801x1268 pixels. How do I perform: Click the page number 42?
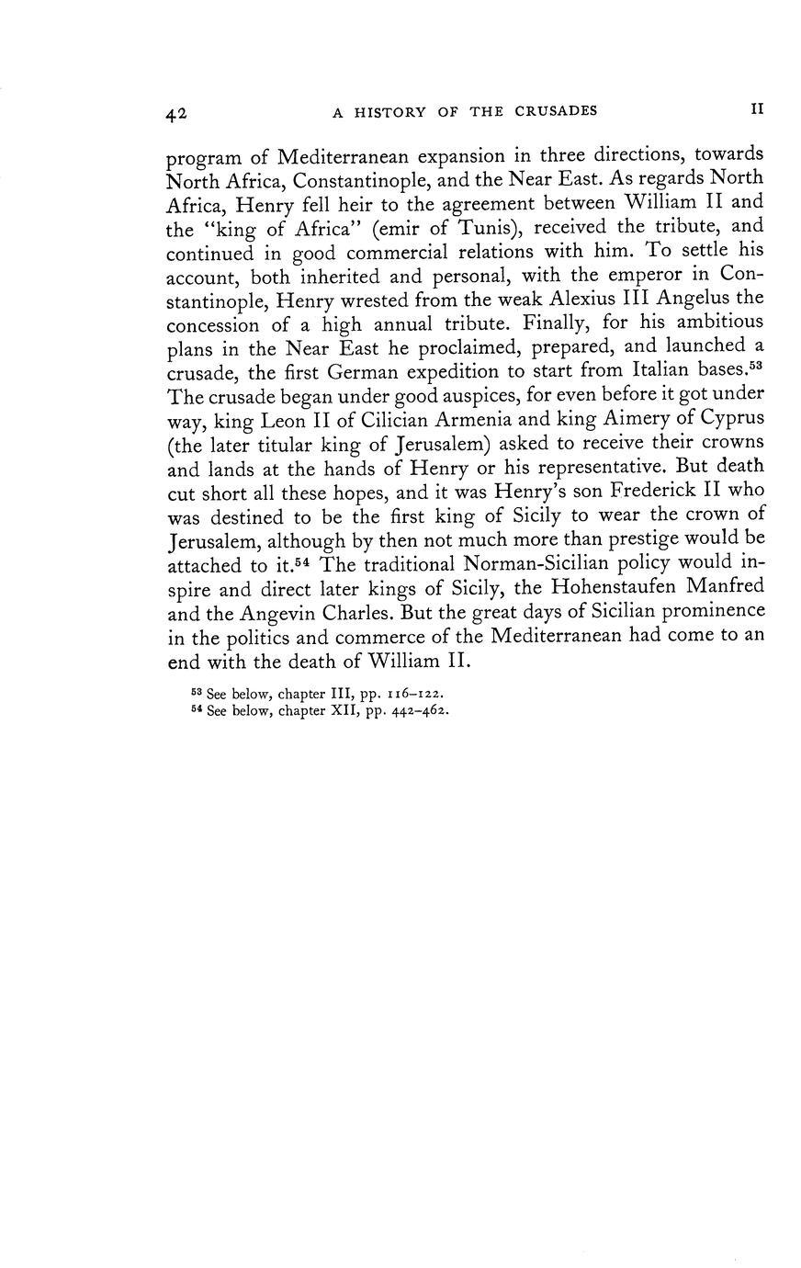click(x=177, y=113)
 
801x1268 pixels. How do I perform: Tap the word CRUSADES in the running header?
click(x=556, y=111)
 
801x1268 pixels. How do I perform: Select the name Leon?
click(x=285, y=418)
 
